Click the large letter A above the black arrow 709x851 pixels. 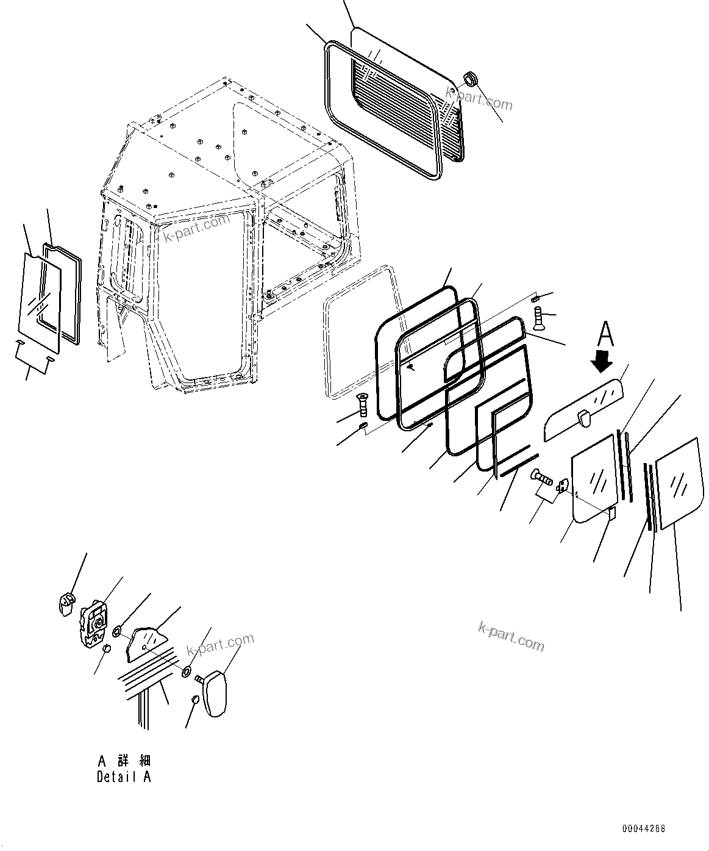tap(604, 335)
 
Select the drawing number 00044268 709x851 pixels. tap(644, 829)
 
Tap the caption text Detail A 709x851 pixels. tap(124, 777)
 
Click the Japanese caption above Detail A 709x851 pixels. tap(124, 761)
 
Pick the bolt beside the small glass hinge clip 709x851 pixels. tap(542, 477)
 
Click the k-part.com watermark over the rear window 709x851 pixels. tap(479, 98)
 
